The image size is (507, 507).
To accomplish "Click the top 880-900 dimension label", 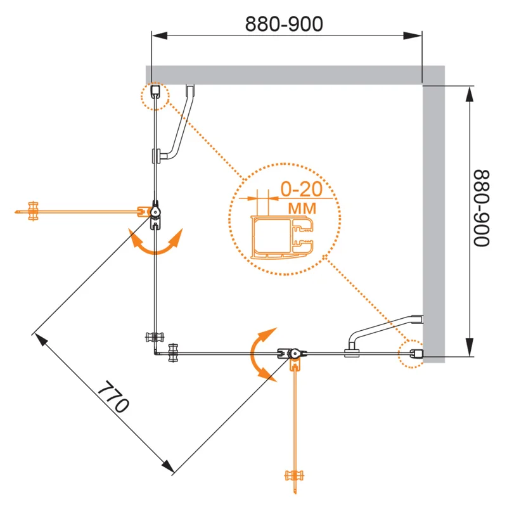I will click(284, 23).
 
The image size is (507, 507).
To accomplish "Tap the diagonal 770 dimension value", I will click(115, 397).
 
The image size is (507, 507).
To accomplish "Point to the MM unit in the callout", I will click(304, 207).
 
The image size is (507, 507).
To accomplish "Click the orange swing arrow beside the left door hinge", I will click(155, 243).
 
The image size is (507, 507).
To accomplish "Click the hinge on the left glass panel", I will click(155, 212).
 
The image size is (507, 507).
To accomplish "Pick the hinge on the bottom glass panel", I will click(292, 355).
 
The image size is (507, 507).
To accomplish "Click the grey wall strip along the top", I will click(285, 74).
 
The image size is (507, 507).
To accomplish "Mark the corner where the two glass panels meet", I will click(156, 354).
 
